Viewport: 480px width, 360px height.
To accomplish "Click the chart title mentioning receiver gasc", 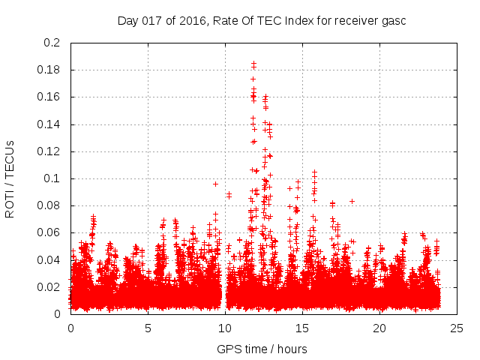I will click(262, 20).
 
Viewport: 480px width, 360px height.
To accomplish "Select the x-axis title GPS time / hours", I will click(262, 349).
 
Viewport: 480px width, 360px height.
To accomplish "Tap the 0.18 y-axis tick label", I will click(50, 70).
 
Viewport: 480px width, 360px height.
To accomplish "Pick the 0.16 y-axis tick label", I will click(50, 97).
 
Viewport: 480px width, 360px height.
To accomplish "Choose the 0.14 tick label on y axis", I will click(50, 124).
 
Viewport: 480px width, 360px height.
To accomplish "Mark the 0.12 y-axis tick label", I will click(50, 151).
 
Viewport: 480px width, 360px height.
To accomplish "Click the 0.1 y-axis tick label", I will click(52, 178).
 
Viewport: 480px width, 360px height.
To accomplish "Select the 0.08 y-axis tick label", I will click(50, 205).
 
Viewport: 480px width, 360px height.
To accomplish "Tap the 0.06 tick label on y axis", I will click(50, 232).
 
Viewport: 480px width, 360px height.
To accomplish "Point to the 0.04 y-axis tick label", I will click(50, 259).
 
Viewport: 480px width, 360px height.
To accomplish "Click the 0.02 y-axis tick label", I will click(50, 286).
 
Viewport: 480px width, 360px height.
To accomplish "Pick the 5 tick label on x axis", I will click(148, 328).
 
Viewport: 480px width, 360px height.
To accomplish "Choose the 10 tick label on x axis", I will click(225, 328).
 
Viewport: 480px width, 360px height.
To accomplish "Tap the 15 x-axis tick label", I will click(302, 328).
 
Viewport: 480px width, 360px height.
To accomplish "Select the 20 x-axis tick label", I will click(379, 328).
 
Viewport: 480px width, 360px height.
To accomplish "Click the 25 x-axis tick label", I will click(457, 328).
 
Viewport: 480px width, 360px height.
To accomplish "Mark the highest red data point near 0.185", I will click(253, 64).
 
